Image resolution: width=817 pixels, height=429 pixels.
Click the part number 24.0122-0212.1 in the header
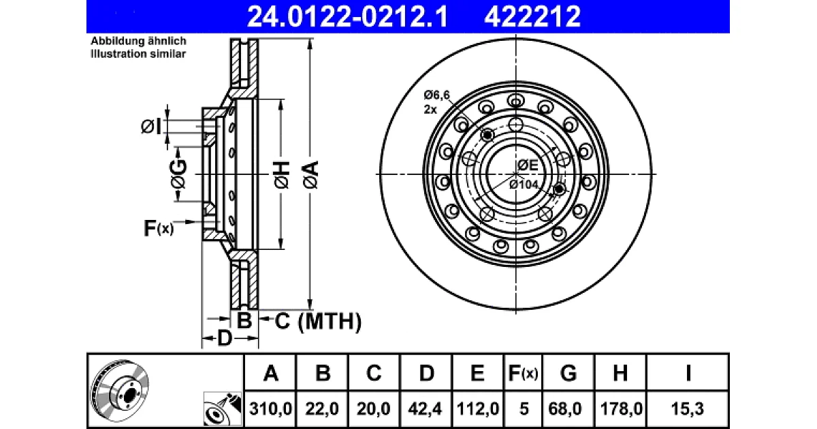point(347,17)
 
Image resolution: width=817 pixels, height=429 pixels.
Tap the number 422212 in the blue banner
point(532,17)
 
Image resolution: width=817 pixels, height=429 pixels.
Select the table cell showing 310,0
point(270,409)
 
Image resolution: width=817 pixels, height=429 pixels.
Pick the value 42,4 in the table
point(425,409)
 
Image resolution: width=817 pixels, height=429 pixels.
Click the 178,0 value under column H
point(621,409)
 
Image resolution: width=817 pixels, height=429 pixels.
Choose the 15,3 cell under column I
point(687,409)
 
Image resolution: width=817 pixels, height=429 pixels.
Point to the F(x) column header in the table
point(523,373)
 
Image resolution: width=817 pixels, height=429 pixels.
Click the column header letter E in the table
point(477,373)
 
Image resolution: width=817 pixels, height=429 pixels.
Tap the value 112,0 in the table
point(477,409)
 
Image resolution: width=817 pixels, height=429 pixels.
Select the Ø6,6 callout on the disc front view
point(436,95)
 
